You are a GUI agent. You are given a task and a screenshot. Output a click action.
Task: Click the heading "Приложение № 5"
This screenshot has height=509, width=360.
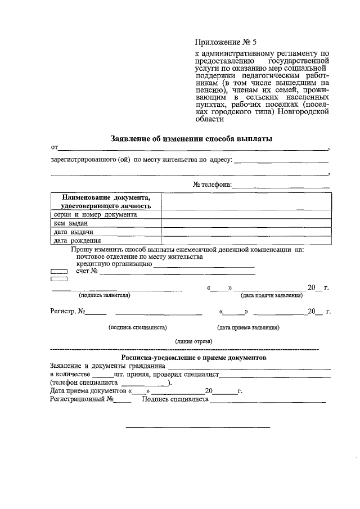[225, 42]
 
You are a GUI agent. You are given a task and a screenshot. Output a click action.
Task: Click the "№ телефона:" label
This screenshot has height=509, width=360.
[212, 184]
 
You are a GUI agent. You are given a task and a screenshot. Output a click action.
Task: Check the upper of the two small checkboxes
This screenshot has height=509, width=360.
[58, 271]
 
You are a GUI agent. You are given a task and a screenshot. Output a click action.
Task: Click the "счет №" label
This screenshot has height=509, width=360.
[87, 271]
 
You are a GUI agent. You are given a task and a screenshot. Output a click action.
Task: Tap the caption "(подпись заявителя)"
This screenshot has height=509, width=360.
[105, 295]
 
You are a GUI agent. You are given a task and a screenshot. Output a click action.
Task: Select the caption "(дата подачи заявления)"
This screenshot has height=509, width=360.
[272, 295]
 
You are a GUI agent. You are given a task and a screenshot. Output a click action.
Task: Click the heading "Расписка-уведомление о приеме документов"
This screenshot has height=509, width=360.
[193, 358]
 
